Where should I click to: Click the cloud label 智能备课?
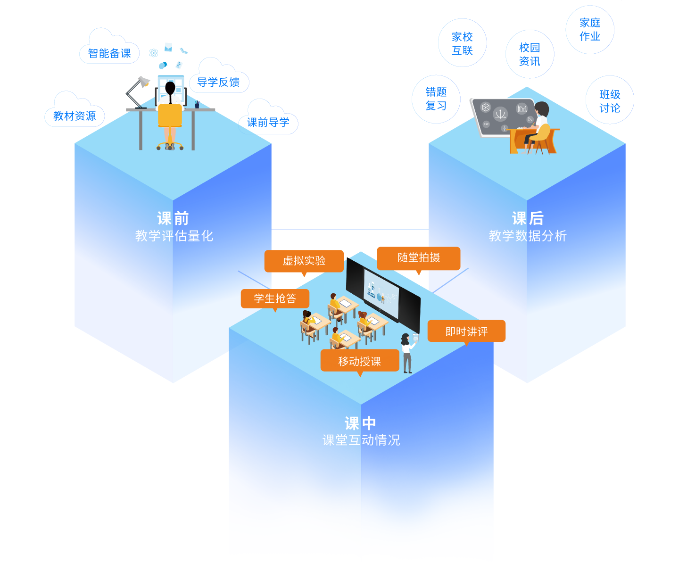(x=109, y=53)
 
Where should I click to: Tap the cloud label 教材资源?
(x=75, y=116)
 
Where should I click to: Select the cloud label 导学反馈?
(x=218, y=83)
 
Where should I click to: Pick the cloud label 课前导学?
(x=268, y=123)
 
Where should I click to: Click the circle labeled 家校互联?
(x=462, y=43)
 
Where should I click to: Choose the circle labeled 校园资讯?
(x=530, y=54)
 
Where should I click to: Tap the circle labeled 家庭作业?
(x=590, y=30)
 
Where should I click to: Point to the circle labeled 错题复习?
(x=436, y=99)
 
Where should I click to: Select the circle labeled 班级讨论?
(x=610, y=101)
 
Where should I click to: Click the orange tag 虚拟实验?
(x=304, y=261)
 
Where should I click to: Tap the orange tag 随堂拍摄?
(x=419, y=258)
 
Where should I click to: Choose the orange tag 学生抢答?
(x=275, y=298)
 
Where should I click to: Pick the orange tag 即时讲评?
(x=466, y=331)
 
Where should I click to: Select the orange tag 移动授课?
(x=360, y=361)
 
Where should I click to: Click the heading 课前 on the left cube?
(x=173, y=218)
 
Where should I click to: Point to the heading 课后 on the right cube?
(x=528, y=218)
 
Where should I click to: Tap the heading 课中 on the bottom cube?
(x=361, y=423)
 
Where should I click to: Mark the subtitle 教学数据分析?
(x=528, y=236)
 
